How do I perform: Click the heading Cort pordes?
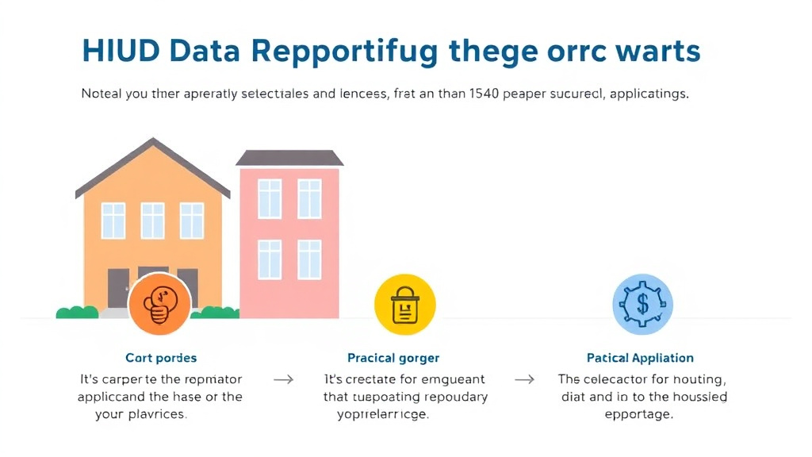tap(161, 358)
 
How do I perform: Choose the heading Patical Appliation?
tap(640, 359)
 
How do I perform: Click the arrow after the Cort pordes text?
tap(283, 379)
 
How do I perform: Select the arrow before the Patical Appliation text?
tap(524, 379)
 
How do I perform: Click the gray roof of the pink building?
tap(289, 158)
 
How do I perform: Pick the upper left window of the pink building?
tap(270, 198)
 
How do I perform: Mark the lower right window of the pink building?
tap(309, 259)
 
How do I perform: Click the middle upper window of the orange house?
tap(153, 221)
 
